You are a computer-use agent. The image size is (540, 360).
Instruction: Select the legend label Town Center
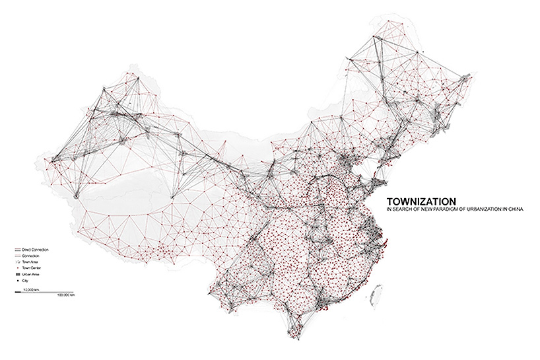pos(32,268)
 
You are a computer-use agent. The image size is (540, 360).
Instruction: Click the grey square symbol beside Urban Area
pos(16,274)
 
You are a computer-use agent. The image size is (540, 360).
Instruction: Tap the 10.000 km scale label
pos(30,289)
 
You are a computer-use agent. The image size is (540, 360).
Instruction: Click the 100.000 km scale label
pos(66,295)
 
